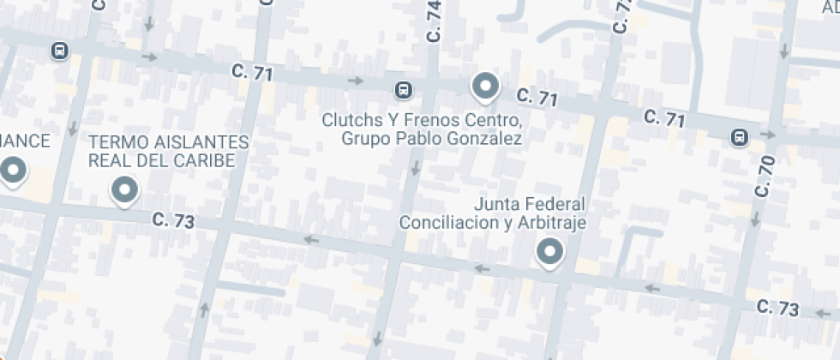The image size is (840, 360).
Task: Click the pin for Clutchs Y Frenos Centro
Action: tap(486, 86)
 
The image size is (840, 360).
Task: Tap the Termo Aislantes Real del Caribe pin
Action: tap(125, 189)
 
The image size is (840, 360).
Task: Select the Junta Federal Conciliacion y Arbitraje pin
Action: tap(549, 251)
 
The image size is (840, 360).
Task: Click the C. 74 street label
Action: tap(434, 21)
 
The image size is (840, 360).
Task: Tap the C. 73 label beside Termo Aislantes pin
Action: tap(173, 220)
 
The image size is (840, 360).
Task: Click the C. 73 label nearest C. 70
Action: tap(778, 309)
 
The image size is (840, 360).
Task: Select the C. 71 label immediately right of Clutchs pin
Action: tap(537, 99)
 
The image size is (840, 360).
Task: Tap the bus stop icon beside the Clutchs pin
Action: tap(402, 89)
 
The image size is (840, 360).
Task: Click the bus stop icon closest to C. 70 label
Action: tap(739, 136)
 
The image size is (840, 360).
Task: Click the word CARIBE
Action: tap(206, 160)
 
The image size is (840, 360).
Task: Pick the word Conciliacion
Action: tap(444, 223)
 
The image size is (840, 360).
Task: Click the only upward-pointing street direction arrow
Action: tap(204, 309)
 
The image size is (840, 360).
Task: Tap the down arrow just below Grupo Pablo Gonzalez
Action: tap(415, 168)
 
